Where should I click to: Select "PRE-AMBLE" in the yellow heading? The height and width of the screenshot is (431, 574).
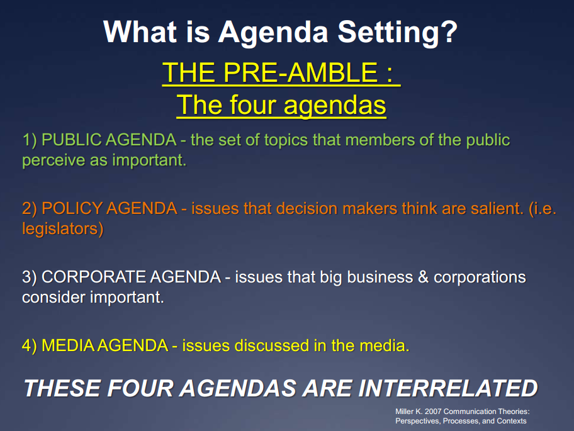pos(299,74)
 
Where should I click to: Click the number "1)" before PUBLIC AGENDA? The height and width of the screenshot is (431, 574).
pos(30,140)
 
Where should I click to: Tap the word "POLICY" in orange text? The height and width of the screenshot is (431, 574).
pos(70,208)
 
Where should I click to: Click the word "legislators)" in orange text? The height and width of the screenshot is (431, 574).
pos(62,228)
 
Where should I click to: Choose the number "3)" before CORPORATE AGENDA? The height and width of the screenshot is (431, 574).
pos(30,277)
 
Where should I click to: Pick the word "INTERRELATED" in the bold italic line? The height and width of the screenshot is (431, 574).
pos(447,388)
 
